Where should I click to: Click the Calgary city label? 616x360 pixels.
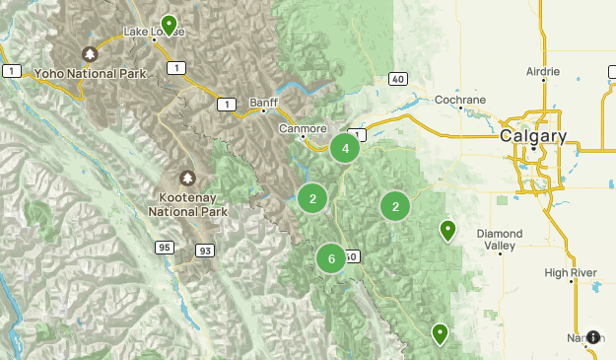(533, 135)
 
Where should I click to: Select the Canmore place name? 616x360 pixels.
(303, 128)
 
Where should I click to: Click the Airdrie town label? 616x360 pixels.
(542, 72)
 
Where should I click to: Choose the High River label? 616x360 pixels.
(572, 271)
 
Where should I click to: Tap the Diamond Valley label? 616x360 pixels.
(500, 240)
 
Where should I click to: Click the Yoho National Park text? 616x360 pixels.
(90, 73)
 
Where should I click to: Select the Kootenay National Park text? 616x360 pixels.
(188, 204)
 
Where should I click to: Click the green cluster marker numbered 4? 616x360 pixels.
(345, 149)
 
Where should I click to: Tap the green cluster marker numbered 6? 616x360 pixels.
(331, 258)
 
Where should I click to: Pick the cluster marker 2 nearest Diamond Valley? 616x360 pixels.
(395, 206)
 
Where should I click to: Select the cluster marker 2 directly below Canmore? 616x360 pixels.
(312, 198)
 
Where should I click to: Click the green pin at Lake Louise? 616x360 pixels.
(170, 24)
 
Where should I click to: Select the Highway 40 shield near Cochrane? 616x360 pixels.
(396, 78)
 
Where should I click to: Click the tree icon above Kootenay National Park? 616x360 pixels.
(188, 179)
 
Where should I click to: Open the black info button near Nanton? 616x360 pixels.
(593, 337)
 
